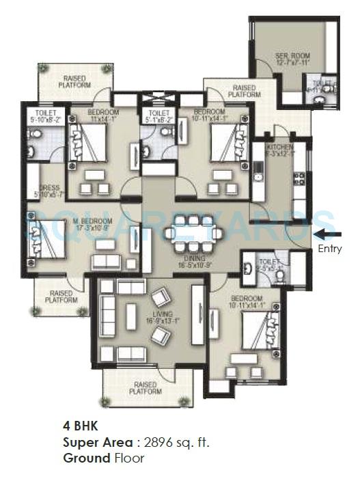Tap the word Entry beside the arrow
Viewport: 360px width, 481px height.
[x=330, y=249]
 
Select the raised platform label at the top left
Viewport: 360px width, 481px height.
[x=74, y=81]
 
